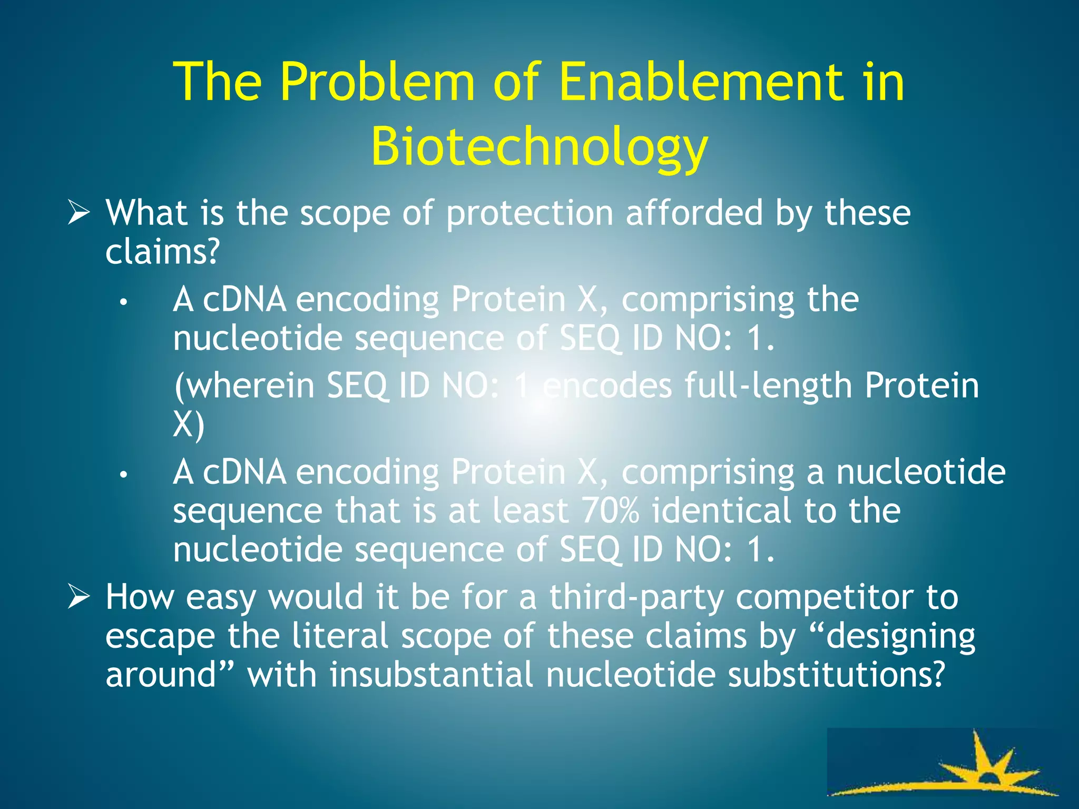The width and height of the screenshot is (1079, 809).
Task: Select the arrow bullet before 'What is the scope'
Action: click(x=79, y=214)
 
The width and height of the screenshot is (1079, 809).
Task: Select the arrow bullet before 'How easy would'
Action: click(x=79, y=598)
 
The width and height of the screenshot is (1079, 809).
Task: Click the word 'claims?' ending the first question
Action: click(x=162, y=252)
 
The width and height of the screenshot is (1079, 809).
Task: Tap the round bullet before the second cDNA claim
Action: click(x=123, y=475)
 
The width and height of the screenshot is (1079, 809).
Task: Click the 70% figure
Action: click(x=610, y=510)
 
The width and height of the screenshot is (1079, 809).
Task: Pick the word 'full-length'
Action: click(x=768, y=386)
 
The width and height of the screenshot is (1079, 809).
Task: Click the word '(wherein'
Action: click(x=244, y=386)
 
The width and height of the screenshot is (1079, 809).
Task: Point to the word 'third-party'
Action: click(x=636, y=598)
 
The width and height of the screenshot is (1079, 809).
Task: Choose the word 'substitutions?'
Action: click(x=836, y=675)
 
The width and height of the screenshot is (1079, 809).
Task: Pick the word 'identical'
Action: click(x=721, y=510)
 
